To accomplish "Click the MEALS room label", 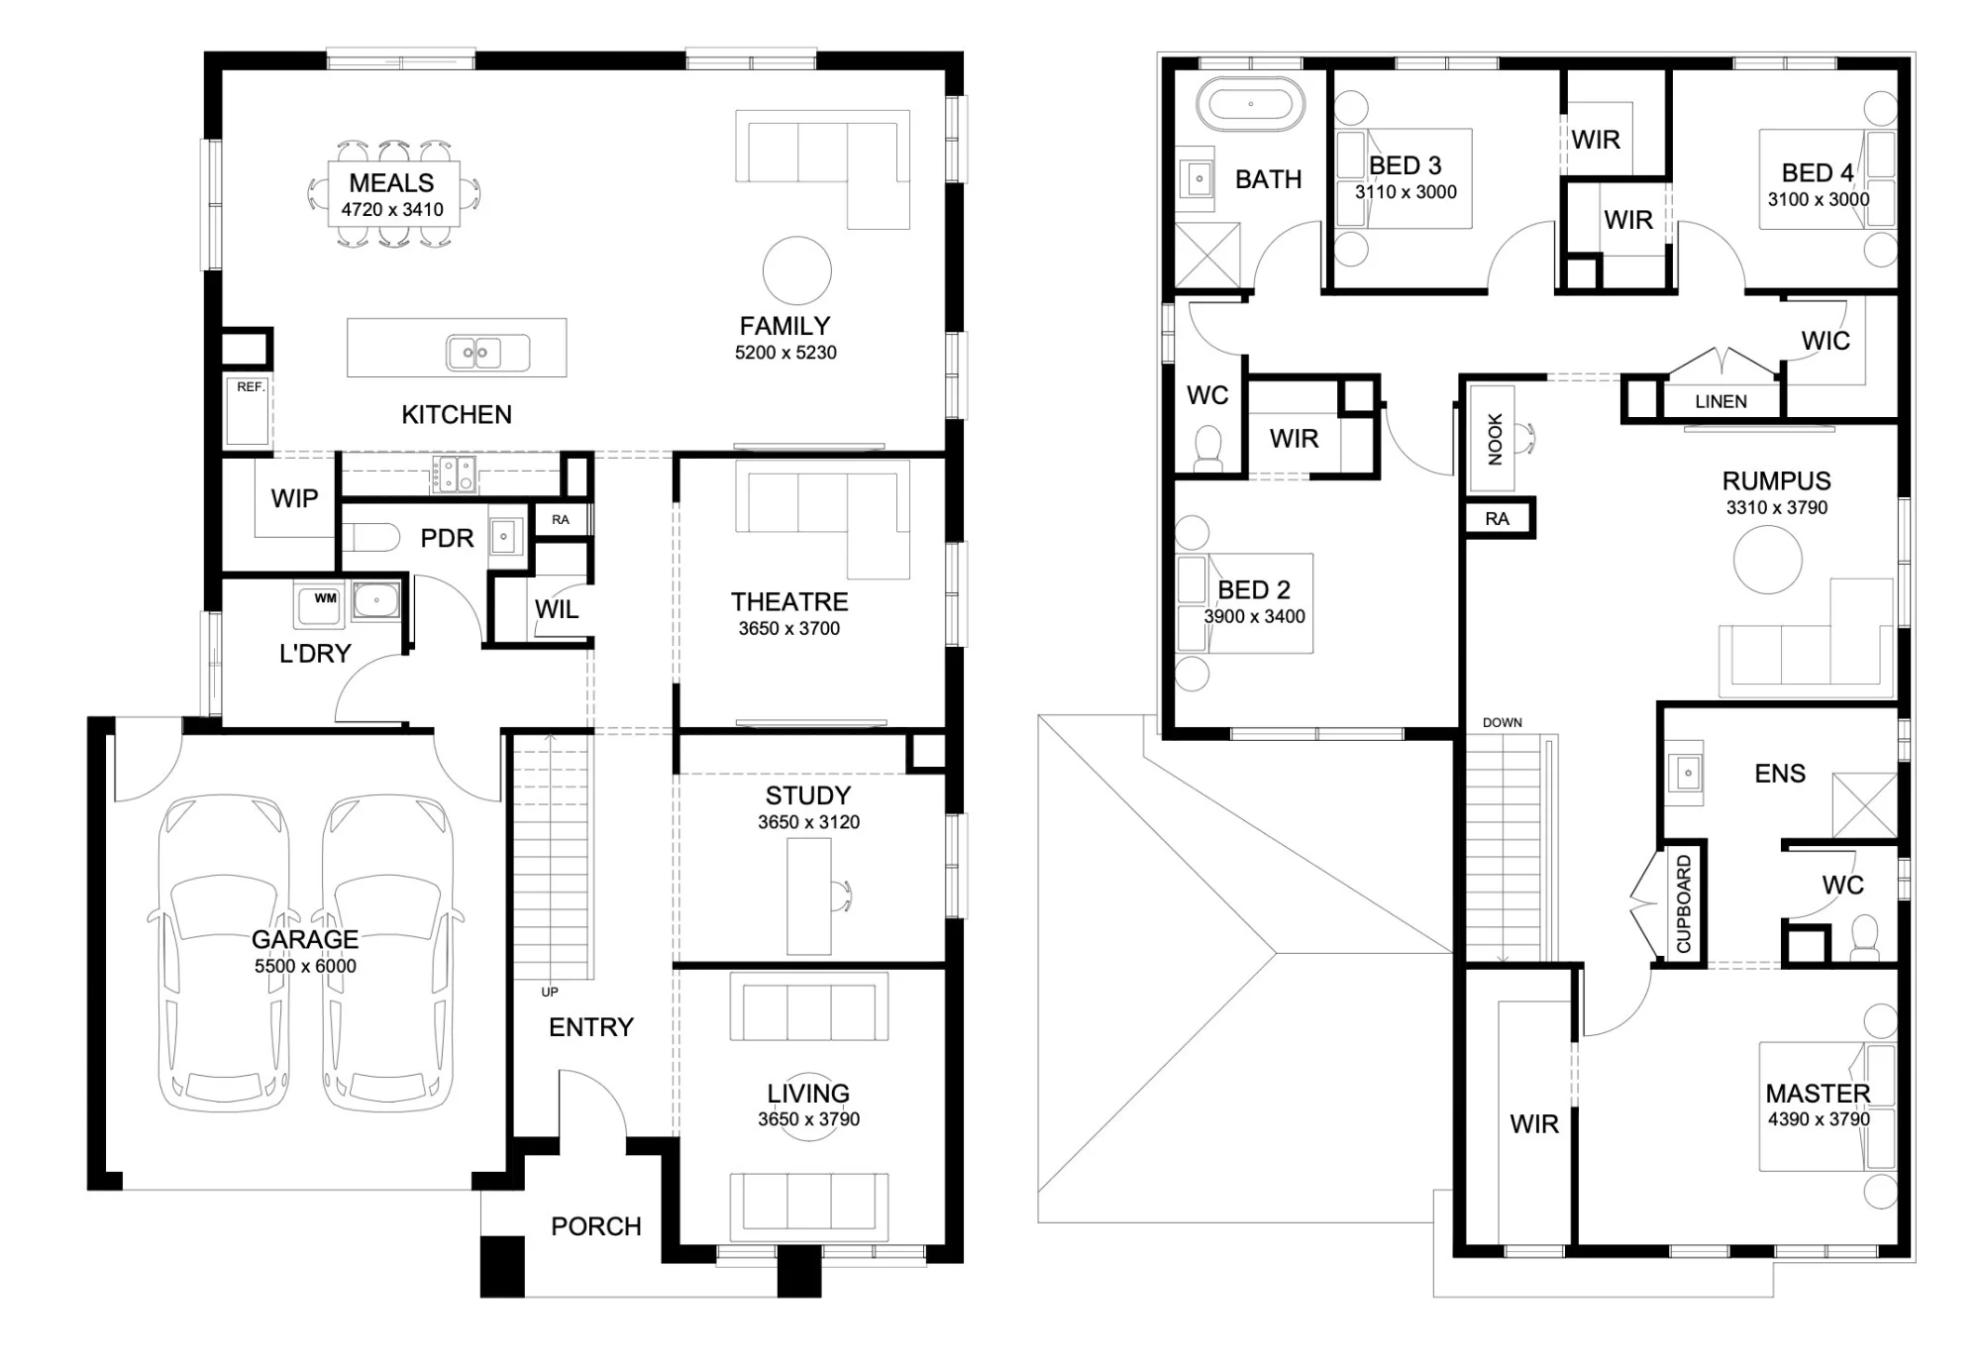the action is pyautogui.click(x=391, y=183).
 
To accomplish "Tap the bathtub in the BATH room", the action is pyautogui.click(x=1250, y=104).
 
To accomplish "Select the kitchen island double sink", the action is pyautogui.click(x=474, y=353).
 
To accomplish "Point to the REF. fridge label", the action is pyautogui.click(x=251, y=387).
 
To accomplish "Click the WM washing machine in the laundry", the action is pyautogui.click(x=319, y=603).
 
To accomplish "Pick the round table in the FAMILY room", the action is pyautogui.click(x=797, y=270).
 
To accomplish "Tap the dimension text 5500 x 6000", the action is pyautogui.click(x=305, y=966).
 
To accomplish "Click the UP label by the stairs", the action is pyautogui.click(x=550, y=992).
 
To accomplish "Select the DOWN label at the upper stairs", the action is pyautogui.click(x=1503, y=722).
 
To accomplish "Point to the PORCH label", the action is pyautogui.click(x=596, y=1226).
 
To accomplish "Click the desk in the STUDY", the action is pyautogui.click(x=809, y=896).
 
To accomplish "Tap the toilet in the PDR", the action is pyautogui.click(x=370, y=537).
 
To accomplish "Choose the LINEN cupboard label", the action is pyautogui.click(x=1721, y=401).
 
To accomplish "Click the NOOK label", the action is pyautogui.click(x=1496, y=439).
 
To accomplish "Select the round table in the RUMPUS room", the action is pyautogui.click(x=1768, y=560).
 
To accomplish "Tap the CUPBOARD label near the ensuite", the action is pyautogui.click(x=1684, y=904).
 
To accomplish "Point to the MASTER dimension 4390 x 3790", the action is pyautogui.click(x=1819, y=1119).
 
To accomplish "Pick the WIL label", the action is pyautogui.click(x=557, y=609).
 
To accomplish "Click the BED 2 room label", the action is pyautogui.click(x=1254, y=590).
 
